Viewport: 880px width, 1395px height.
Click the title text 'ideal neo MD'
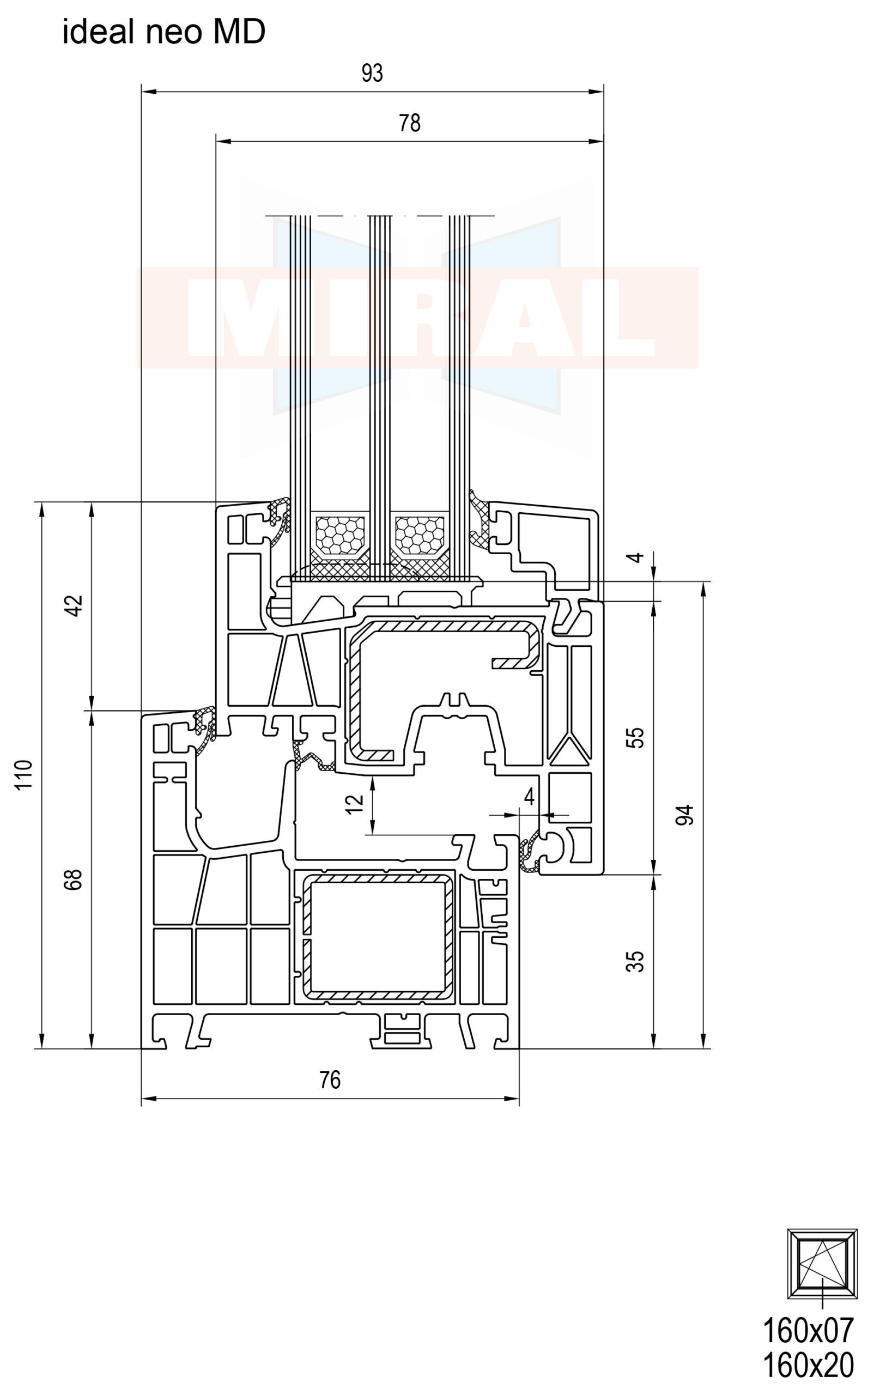(x=164, y=31)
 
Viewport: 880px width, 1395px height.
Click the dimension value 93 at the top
(x=372, y=73)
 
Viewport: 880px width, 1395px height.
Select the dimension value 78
(x=409, y=123)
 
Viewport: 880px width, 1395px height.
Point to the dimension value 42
(x=74, y=605)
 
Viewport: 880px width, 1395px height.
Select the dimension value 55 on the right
(x=635, y=737)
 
